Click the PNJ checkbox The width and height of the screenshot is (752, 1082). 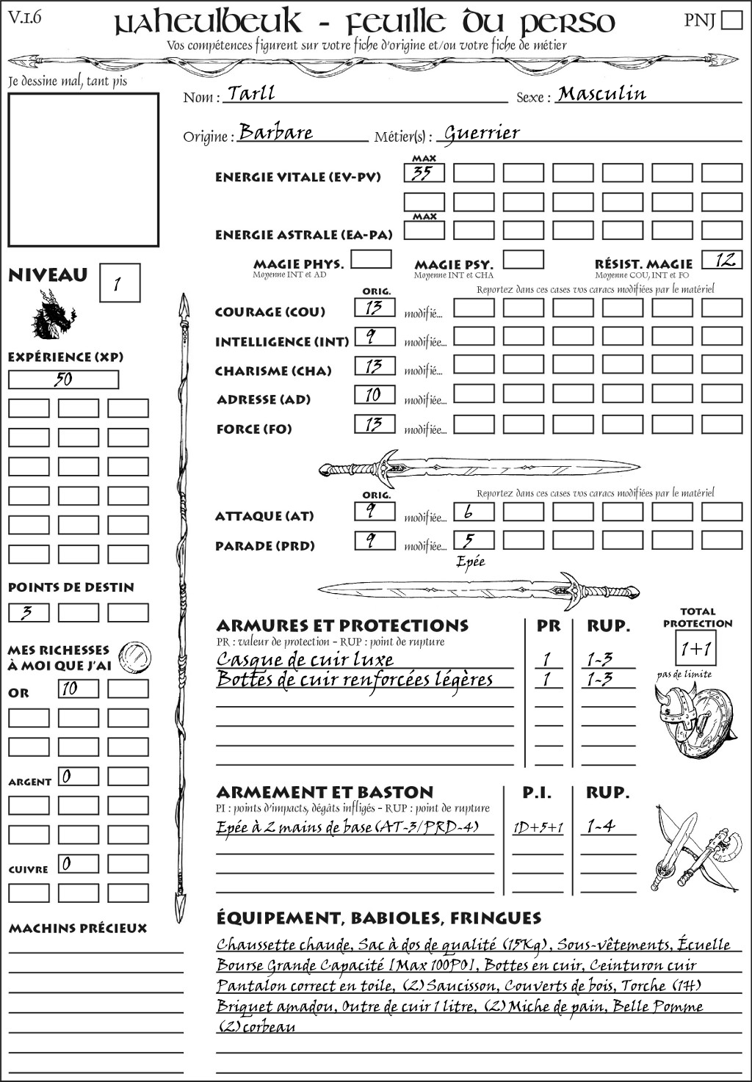point(731,20)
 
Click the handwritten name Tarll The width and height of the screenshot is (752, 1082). point(251,93)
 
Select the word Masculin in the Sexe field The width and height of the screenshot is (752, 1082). point(601,93)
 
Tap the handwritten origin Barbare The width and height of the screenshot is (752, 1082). point(276,132)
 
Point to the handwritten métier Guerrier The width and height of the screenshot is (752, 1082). point(482,133)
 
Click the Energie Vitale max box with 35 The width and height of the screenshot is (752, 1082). point(424,173)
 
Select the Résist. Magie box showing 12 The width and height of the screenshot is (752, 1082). point(722,260)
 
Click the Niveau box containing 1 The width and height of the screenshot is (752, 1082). point(119,283)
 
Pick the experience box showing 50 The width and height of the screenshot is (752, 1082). point(63,380)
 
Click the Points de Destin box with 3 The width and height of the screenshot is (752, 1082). point(29,612)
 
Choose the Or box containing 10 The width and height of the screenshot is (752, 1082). point(78,689)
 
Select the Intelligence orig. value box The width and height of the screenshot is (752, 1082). point(375,337)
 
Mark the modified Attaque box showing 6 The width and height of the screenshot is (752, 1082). point(473,512)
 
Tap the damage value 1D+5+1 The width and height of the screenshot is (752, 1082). point(538,828)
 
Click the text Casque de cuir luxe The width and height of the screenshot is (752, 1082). point(305,659)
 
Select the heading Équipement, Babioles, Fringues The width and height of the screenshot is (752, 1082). point(378,918)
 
